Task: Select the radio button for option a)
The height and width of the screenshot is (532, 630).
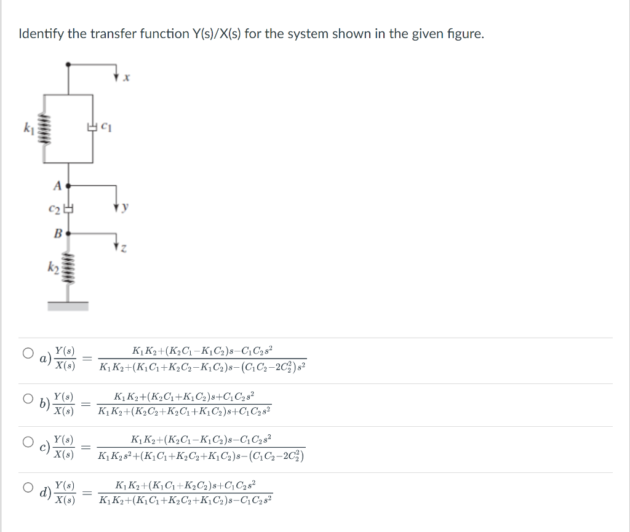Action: coord(28,354)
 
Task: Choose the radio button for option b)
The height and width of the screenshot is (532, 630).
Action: coord(28,399)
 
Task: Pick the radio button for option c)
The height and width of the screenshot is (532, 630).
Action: coord(28,442)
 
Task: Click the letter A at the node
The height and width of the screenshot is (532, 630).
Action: coord(57,185)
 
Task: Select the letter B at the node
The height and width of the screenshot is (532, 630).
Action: coord(57,233)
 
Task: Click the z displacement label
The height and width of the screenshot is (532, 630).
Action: coord(125,248)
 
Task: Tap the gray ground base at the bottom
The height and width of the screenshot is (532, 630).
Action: coord(68,305)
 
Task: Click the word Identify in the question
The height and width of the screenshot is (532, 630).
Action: coord(41,34)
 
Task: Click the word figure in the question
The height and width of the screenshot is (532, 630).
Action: coord(466,34)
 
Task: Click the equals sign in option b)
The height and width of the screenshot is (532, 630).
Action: coord(87,404)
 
